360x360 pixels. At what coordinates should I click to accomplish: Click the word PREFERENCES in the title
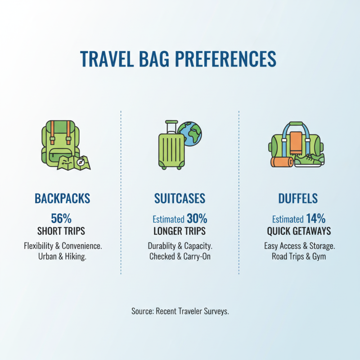225,59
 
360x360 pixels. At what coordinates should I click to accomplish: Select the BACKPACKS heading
62,198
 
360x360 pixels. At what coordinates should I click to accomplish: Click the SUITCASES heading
180,198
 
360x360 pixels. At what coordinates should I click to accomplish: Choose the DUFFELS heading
298,198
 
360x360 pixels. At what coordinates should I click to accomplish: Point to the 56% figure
61,219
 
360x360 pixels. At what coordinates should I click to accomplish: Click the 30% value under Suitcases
197,219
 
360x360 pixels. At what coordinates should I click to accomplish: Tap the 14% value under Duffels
315,219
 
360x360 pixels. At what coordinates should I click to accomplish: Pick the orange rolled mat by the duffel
281,162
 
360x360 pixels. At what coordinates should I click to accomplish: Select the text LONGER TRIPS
180,231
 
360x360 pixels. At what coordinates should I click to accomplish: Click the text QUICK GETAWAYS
298,231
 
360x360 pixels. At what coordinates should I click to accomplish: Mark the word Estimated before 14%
288,220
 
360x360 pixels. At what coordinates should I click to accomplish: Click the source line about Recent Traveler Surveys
180,311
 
